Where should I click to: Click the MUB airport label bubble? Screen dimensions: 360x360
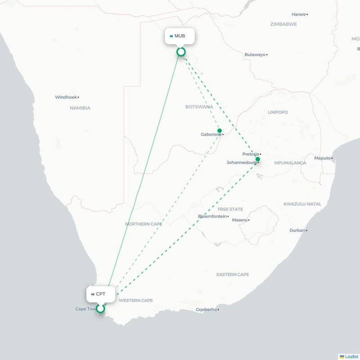click(180, 36)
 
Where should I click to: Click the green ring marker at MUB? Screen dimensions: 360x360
click(181, 52)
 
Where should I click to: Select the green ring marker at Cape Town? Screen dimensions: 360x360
click(100, 309)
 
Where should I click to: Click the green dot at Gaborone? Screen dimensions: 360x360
click(220, 131)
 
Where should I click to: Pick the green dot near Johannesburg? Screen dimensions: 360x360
click(258, 159)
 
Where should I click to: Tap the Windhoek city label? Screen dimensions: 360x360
click(66, 97)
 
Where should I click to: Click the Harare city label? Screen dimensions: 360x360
click(298, 14)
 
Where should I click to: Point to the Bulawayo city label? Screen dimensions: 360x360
click(255, 54)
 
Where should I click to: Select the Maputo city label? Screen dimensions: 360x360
click(322, 158)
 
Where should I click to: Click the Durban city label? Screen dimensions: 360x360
click(297, 230)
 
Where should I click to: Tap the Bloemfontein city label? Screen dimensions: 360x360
click(212, 216)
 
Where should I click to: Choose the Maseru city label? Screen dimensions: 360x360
click(239, 220)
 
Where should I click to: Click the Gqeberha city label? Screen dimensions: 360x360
click(206, 310)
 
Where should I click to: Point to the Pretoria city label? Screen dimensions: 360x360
click(250, 154)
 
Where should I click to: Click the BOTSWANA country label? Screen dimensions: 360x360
click(199, 107)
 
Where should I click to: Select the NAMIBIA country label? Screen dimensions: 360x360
click(80, 108)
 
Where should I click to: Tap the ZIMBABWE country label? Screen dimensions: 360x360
click(283, 24)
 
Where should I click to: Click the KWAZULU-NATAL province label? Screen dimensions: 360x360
click(302, 204)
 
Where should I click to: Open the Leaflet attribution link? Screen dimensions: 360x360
click(351, 356)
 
